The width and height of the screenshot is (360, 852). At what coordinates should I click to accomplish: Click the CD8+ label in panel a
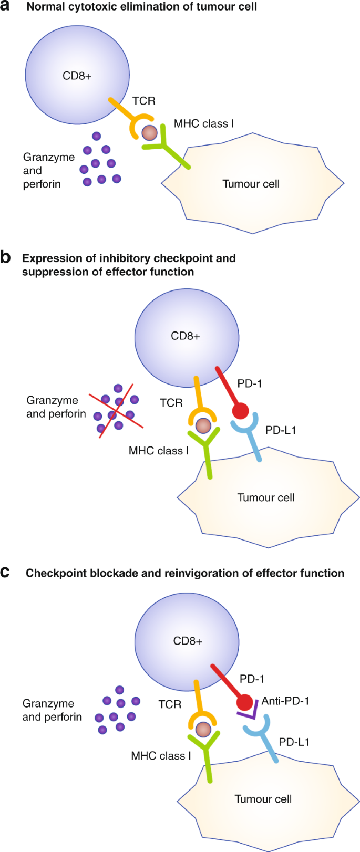pos(77,76)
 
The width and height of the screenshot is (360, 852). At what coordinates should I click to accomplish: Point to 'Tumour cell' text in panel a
pos(251,184)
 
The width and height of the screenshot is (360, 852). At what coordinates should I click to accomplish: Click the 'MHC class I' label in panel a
pos(204,124)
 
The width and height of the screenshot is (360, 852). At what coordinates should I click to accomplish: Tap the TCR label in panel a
pos(143,101)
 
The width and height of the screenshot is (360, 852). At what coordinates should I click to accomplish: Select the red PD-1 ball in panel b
pos(240,411)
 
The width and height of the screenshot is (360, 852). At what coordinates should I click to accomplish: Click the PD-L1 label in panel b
pos(281,430)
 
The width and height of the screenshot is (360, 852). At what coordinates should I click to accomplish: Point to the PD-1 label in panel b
pos(250,384)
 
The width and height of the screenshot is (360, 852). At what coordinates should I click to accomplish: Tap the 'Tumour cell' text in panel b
pos(266,497)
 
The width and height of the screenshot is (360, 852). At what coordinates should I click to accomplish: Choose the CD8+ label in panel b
pos(186,336)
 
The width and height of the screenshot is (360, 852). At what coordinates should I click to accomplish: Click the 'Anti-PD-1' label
pos(285,701)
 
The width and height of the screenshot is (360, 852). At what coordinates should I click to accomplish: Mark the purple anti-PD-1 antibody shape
pos(248,713)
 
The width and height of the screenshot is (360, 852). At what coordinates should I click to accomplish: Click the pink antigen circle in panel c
pos(203,729)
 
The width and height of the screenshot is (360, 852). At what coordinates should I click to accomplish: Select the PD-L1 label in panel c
pos(294,742)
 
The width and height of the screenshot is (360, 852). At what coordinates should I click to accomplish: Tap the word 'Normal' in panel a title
pos(45,7)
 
